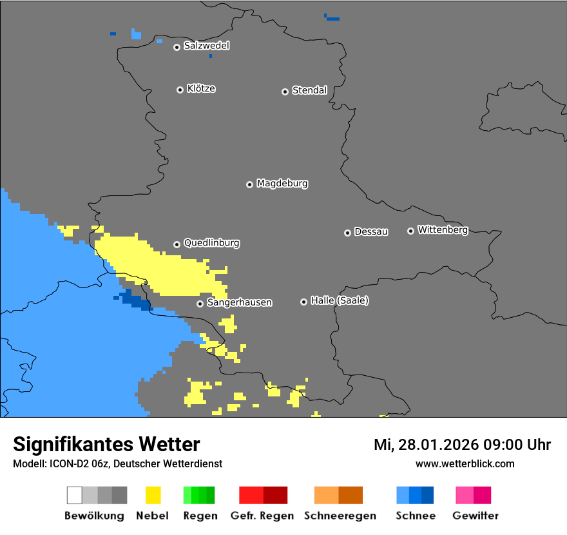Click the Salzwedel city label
(206, 46)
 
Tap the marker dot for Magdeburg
(249, 184)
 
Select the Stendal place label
(309, 90)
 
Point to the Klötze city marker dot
(180, 90)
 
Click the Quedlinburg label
(211, 243)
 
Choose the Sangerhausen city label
(239, 302)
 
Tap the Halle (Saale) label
(340, 300)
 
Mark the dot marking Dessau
(347, 233)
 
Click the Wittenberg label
(443, 229)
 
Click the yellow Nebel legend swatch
(153, 495)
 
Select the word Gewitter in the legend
(476, 516)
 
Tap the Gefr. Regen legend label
(263, 516)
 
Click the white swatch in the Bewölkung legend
(75, 495)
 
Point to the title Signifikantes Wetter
(106, 444)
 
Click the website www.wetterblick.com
(465, 463)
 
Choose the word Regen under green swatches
(200, 516)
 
